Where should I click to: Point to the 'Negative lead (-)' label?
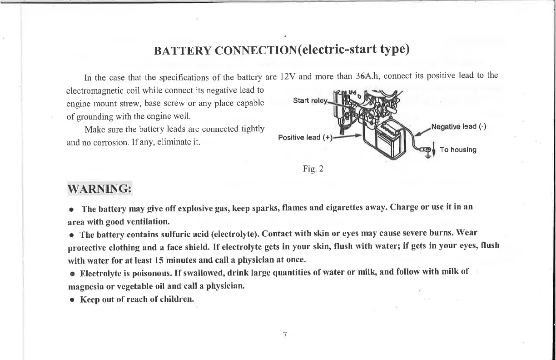[x=459, y=126]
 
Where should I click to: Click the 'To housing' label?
[x=458, y=150]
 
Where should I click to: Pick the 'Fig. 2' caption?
[x=313, y=170]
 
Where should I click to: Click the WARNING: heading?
[x=99, y=188]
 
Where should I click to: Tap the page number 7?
[x=284, y=335]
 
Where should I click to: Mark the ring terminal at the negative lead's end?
[x=426, y=149]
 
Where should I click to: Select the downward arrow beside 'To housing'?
[x=434, y=150]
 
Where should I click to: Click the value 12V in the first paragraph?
[x=288, y=76]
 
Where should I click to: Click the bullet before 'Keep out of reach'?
[x=72, y=300]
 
